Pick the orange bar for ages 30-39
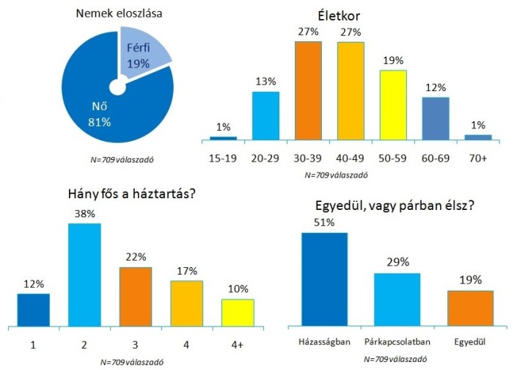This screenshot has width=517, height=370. (x=308, y=90)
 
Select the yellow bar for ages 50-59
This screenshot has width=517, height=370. (x=392, y=104)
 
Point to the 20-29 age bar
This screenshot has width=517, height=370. (x=265, y=115)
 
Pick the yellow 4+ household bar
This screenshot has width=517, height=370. (x=238, y=312)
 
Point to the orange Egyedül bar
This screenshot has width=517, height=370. (x=470, y=308)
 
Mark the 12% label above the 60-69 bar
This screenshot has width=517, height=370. (x=435, y=88)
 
